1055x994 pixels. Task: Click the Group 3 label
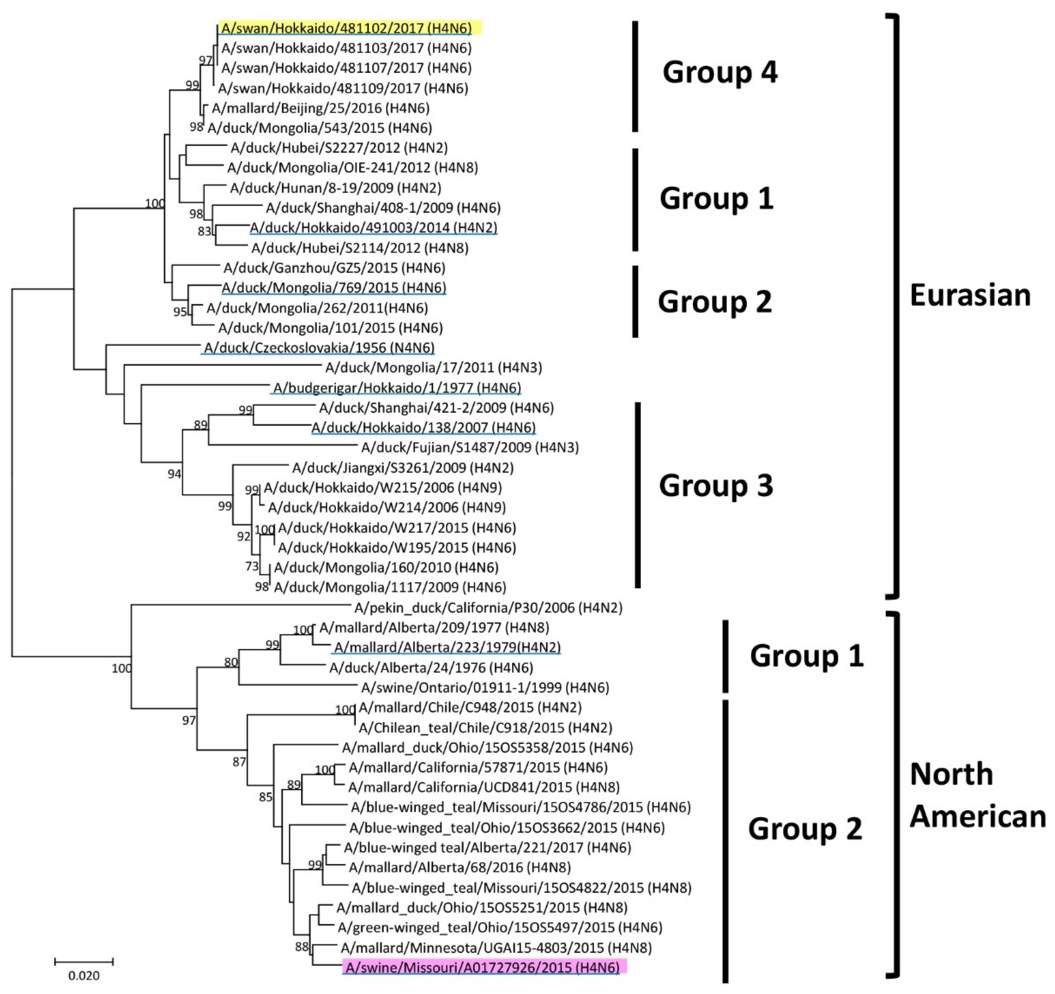tap(716, 486)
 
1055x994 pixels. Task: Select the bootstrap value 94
tap(174, 474)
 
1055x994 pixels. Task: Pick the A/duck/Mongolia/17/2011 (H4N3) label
tap(433, 367)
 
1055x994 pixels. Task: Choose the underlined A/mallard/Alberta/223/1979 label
tap(447, 648)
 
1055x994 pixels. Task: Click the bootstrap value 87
tap(239, 762)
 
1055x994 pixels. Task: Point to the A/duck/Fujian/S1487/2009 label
tap(470, 447)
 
